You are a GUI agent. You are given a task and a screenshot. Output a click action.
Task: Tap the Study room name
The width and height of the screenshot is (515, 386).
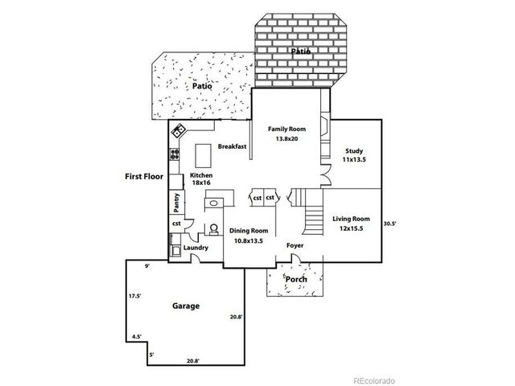[354, 150]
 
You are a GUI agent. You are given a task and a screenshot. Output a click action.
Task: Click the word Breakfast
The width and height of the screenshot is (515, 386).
[232, 146]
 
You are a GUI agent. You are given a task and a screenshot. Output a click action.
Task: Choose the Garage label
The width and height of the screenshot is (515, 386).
[186, 306]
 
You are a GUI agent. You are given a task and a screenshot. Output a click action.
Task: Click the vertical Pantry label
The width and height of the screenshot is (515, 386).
[175, 202]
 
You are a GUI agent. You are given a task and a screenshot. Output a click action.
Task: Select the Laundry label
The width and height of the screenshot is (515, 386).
[196, 248]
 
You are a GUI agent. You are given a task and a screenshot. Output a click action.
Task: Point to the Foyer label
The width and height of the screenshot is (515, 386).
[295, 245]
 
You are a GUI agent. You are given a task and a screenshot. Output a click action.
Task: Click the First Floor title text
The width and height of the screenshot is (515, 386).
[143, 176]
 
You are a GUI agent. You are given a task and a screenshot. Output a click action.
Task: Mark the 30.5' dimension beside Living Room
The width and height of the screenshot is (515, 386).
[389, 224]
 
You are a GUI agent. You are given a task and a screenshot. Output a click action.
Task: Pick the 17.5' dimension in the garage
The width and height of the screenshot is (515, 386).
[134, 296]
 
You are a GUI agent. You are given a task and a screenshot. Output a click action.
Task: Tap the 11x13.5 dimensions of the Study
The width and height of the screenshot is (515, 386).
[354, 160]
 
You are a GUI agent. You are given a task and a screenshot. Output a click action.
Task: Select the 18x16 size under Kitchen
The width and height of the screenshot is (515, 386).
[201, 184]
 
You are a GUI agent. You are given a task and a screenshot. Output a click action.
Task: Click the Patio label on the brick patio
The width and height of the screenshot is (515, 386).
[300, 51]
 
